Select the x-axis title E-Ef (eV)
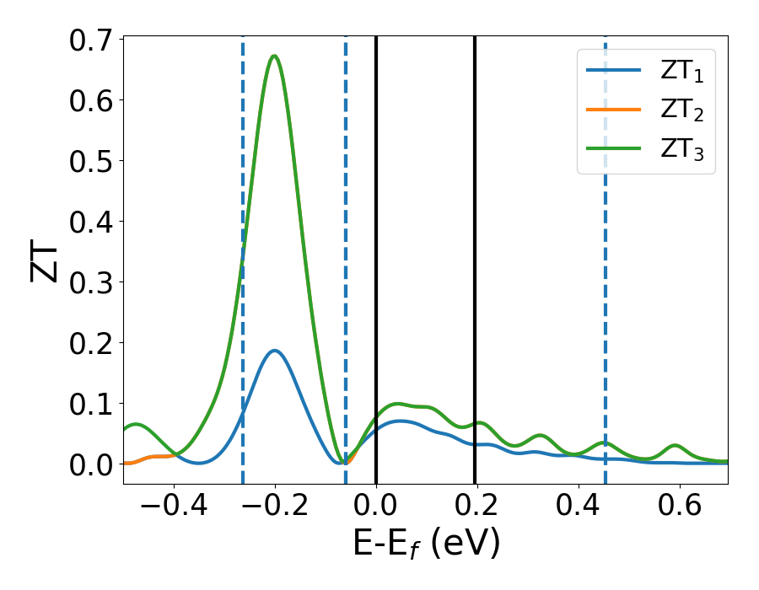[426, 544]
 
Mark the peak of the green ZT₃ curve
[274, 56]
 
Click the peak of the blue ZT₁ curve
[274, 351]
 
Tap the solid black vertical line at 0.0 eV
[376, 253]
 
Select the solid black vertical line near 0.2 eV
[475, 253]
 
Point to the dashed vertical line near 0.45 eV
[606, 253]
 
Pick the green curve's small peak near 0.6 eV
[674, 445]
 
